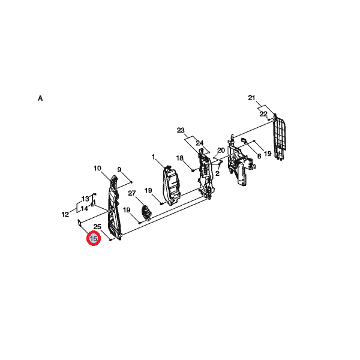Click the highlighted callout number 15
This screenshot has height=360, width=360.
pos(94,239)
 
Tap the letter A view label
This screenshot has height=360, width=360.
pos(40,98)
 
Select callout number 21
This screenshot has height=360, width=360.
pos(251,98)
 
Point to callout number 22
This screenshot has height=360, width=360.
pos(263,114)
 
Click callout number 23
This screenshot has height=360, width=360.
pos(181,130)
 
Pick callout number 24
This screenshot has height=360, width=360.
pos(200,143)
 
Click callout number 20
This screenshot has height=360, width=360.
pos(221,151)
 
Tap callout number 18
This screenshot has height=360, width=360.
pos(180,158)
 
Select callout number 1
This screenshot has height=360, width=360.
pos(154,157)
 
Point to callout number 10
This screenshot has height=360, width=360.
pos(97,168)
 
